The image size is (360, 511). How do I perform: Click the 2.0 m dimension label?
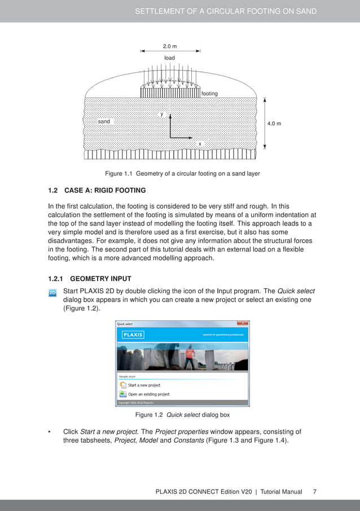pyautogui.click(x=170, y=46)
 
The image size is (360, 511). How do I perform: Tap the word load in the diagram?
pyautogui.click(x=169, y=58)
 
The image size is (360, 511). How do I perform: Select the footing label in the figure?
pyautogui.click(x=209, y=93)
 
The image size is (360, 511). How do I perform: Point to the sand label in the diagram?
pyautogui.click(x=104, y=121)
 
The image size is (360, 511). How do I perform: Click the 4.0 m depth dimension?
pyautogui.click(x=274, y=123)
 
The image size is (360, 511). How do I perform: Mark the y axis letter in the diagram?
pyautogui.click(x=162, y=114)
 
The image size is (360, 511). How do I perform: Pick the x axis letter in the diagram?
pyautogui.click(x=199, y=144)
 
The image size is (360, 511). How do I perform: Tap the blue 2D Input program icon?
pyautogui.click(x=52, y=293)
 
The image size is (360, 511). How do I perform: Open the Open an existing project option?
pyautogui.click(x=148, y=394)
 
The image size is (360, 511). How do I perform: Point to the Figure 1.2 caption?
pyautogui.click(x=182, y=415)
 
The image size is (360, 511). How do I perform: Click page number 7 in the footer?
pyautogui.click(x=314, y=492)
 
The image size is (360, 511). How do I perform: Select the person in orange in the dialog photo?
pyautogui.click(x=190, y=356)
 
